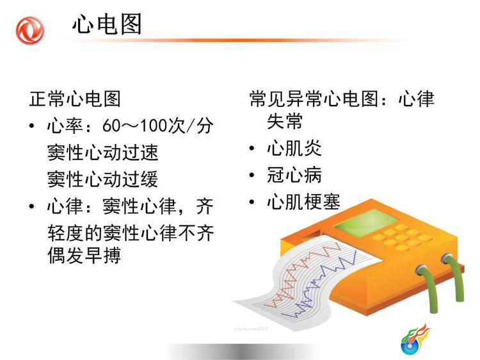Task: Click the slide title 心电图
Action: [107, 24]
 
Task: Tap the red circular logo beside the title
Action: [29, 30]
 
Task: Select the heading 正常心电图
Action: [75, 99]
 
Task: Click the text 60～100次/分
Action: [157, 126]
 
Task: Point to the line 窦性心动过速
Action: [102, 152]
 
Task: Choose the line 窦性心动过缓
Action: [102, 179]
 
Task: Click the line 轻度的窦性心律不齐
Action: [131, 233]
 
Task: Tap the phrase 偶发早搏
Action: [84, 256]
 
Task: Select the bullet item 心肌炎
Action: [294, 148]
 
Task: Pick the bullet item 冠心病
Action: [294, 175]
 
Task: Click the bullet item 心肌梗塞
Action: [303, 202]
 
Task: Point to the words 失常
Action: [285, 122]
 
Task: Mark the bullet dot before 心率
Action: [31, 126]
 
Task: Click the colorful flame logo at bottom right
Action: [415, 340]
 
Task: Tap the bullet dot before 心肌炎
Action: [252, 149]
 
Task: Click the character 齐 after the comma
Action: [205, 206]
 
